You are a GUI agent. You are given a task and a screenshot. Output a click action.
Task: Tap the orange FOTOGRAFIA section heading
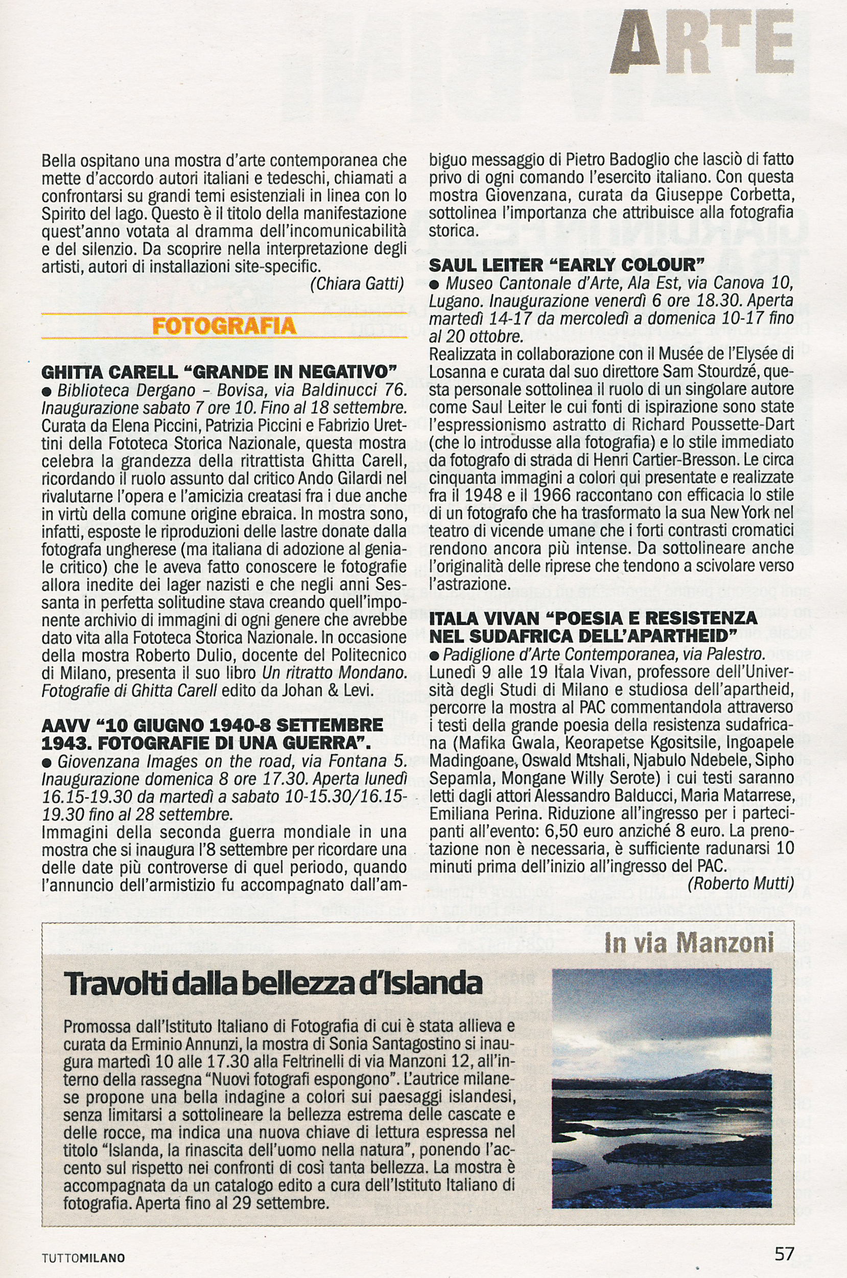click(x=224, y=326)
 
